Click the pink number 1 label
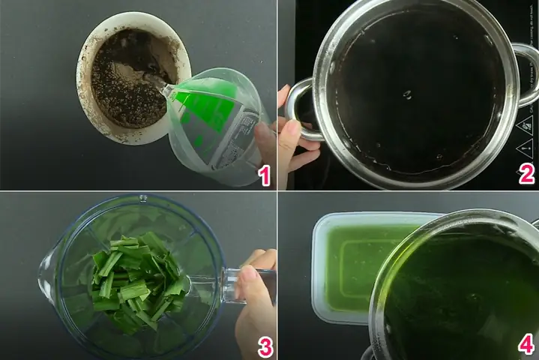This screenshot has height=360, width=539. pyautogui.click(x=262, y=176)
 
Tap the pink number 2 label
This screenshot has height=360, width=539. pyautogui.click(x=527, y=175)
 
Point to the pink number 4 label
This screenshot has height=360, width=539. pyautogui.click(x=527, y=344)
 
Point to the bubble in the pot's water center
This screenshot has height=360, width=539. pyautogui.click(x=407, y=94)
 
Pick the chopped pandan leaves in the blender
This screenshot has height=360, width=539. pyautogui.click(x=139, y=277)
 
